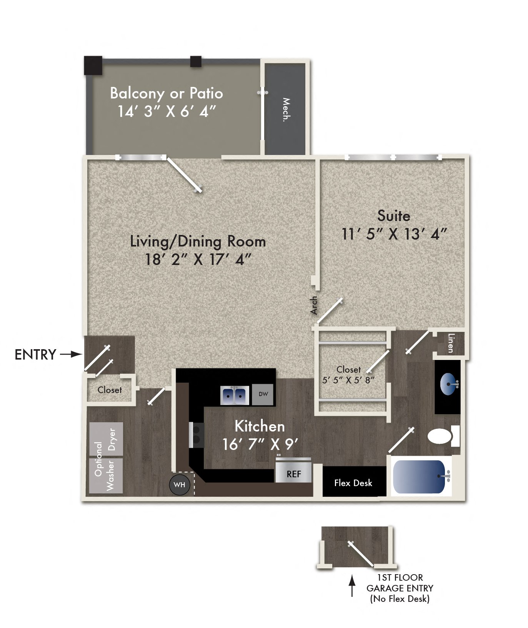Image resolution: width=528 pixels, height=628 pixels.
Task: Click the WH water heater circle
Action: pos(180,485)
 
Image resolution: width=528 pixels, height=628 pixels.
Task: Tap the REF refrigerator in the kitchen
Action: pos(293,471)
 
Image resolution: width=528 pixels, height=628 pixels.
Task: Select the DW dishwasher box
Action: pos(263,394)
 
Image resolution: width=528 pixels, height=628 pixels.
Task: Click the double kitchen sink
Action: pos(234,395)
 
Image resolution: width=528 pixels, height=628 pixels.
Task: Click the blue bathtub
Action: pos(419,476)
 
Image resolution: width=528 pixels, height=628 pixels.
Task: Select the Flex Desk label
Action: pos(353,483)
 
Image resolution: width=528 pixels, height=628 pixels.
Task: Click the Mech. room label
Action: pos(286,110)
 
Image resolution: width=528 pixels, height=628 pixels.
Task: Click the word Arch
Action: pos(315,305)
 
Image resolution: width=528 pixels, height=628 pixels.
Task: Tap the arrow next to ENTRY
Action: pos(71,354)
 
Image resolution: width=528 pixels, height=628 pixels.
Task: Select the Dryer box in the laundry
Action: pos(107,439)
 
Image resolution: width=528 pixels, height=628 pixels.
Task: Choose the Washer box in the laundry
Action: pos(107,476)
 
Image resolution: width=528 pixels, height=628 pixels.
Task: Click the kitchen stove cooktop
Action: pos(197,435)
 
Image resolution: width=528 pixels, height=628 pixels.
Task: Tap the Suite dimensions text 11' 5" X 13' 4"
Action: pos(394,234)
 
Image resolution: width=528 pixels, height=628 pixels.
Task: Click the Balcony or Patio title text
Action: pos(167,93)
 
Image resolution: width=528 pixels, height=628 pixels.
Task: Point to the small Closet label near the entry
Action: pos(110,390)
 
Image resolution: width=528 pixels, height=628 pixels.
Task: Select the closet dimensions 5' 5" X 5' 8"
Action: pos(348,380)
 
